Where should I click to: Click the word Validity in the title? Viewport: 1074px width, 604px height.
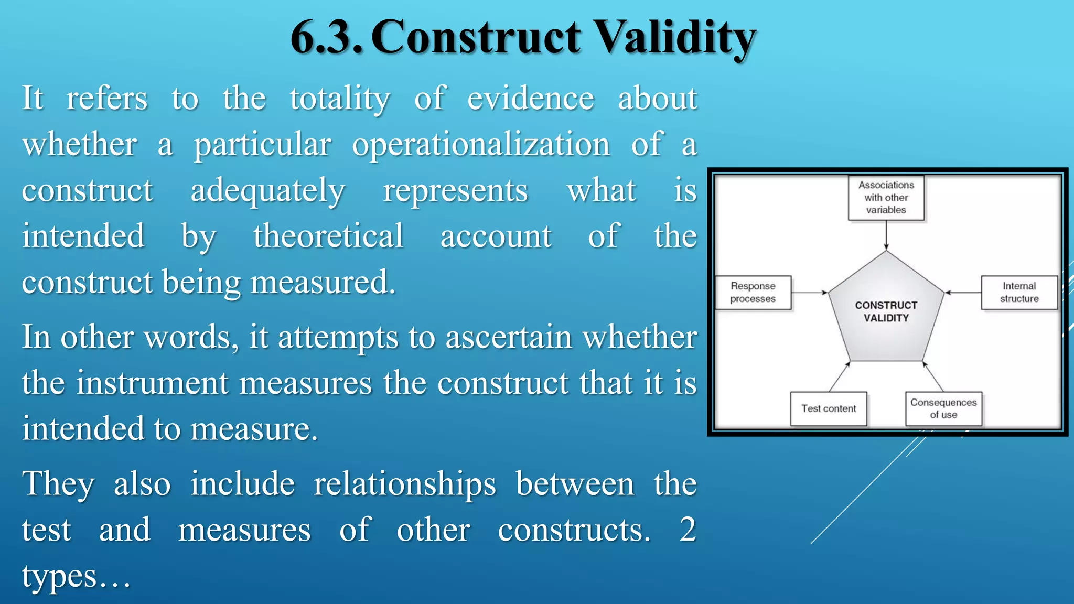[x=676, y=38]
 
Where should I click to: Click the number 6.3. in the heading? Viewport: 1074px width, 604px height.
[x=326, y=38]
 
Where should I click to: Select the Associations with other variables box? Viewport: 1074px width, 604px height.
[x=886, y=198]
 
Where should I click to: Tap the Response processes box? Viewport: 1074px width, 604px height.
[x=753, y=293]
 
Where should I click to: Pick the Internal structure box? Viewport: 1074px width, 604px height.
[x=1019, y=293]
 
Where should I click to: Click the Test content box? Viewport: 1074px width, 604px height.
[x=829, y=408]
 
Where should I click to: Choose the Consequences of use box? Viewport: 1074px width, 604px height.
[x=943, y=408]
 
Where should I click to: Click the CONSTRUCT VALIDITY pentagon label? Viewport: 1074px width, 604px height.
[x=886, y=311]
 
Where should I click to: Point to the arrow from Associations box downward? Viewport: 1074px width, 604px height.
[x=886, y=235]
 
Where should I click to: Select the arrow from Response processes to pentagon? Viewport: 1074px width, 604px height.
[x=809, y=293]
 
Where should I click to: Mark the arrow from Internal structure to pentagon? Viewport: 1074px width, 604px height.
[x=963, y=293]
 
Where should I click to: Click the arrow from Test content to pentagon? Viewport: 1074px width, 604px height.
[x=840, y=376]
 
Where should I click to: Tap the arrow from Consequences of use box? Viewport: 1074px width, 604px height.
[x=933, y=376]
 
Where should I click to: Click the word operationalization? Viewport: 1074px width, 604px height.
[x=481, y=145]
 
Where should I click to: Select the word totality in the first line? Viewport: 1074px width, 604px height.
[x=340, y=99]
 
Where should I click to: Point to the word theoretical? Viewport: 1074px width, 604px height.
[x=328, y=236]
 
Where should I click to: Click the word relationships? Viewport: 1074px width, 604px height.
[x=404, y=484]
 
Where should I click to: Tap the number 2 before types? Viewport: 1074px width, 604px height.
[x=687, y=530]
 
